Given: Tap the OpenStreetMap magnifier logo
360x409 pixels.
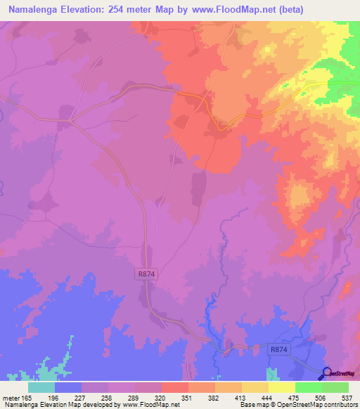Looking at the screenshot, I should pos(328,373).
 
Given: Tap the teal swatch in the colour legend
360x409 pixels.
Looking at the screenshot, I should pos(41,387).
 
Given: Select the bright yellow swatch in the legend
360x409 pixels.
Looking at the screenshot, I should pos(281,387).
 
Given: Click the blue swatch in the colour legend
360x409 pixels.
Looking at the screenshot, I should pos(68,387).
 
